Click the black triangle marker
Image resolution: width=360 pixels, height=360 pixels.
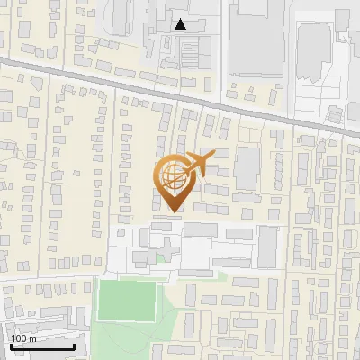[x=181, y=24]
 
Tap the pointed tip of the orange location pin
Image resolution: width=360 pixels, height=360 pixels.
[x=172, y=212]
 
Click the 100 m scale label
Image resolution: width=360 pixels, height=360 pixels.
[x=23, y=338]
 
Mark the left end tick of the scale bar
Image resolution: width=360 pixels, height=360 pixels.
[x=10, y=346]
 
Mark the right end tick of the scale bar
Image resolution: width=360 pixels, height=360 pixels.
[x=74, y=346]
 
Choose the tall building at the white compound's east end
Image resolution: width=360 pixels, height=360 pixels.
[x=267, y=247]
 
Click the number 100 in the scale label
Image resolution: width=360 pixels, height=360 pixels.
[x=19, y=338]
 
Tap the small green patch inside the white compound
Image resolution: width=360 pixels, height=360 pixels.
[x=161, y=257]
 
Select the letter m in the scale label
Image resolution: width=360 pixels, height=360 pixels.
[x=32, y=339]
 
